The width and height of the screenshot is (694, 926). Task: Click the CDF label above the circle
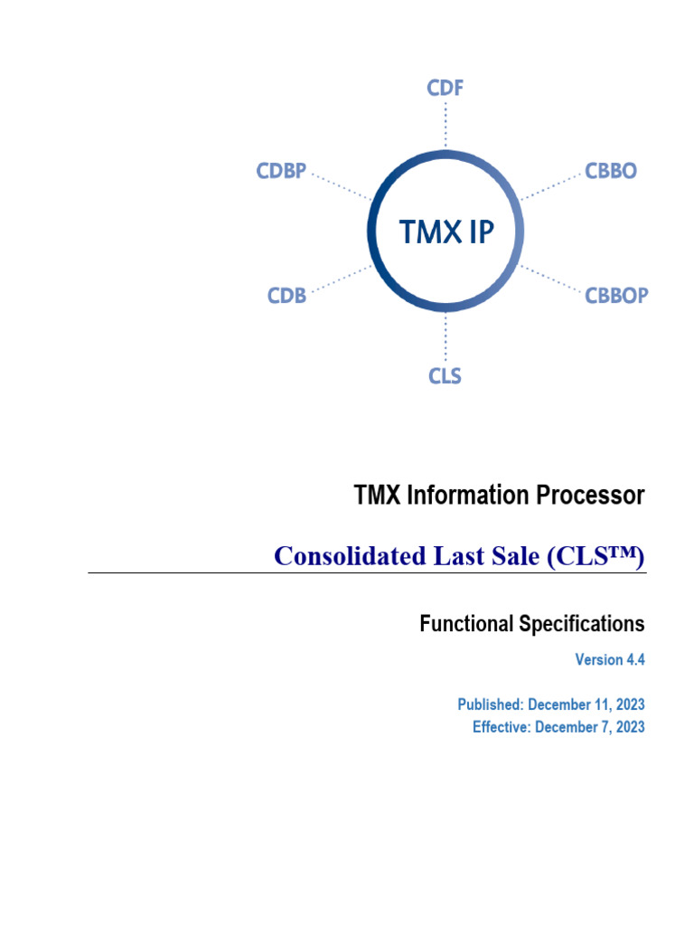click(x=445, y=89)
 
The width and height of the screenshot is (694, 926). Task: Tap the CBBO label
click(x=610, y=171)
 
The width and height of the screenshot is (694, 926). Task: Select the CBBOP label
click(x=616, y=295)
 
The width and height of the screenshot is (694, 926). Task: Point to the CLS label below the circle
click(x=445, y=375)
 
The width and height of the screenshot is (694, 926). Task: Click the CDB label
click(x=286, y=295)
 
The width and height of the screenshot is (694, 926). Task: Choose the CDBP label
click(x=281, y=171)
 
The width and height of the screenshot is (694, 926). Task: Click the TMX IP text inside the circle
click(x=446, y=232)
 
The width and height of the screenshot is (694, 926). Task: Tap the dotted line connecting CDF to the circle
click(x=445, y=127)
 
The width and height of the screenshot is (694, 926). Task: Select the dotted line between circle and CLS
click(x=445, y=338)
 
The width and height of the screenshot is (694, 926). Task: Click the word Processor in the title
click(x=602, y=496)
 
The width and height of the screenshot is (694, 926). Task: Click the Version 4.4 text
click(x=610, y=660)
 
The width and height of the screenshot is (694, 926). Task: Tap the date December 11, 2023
click(x=586, y=704)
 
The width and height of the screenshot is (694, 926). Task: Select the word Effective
click(x=501, y=727)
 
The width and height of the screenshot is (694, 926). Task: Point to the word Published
click(x=489, y=704)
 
